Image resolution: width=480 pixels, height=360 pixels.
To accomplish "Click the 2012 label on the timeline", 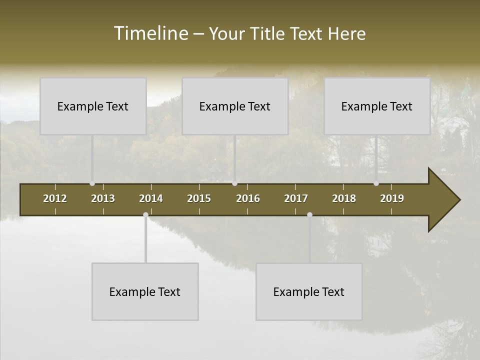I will pos(55,198).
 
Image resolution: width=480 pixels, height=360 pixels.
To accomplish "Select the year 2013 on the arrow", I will pos(103,198).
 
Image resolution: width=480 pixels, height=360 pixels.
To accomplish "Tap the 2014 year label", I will pos(151,198).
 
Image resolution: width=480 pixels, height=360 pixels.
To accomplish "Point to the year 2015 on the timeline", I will pos(199,198).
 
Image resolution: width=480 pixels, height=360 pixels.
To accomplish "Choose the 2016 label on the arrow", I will pos(248,198).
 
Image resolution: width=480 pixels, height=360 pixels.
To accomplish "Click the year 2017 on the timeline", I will pos(296,198).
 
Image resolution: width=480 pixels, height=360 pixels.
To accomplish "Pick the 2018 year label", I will pos(344,198).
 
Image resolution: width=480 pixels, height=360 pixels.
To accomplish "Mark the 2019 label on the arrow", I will pos(392,198).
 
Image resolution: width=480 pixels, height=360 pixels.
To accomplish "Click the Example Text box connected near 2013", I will pos(93,106).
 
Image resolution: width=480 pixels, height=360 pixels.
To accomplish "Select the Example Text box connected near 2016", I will pos(235,106).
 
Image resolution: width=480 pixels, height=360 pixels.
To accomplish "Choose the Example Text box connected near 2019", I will pos(377,106).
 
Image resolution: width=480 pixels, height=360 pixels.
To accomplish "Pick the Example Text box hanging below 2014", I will pos(145,291).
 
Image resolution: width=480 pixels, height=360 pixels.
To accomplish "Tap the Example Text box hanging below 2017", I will pos(309,291).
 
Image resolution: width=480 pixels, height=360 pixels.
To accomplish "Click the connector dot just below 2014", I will pos(145,215).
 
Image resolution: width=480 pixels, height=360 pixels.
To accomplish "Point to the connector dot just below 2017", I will pos(309,215).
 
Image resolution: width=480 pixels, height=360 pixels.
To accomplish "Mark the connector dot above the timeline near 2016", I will pos(234,183).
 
